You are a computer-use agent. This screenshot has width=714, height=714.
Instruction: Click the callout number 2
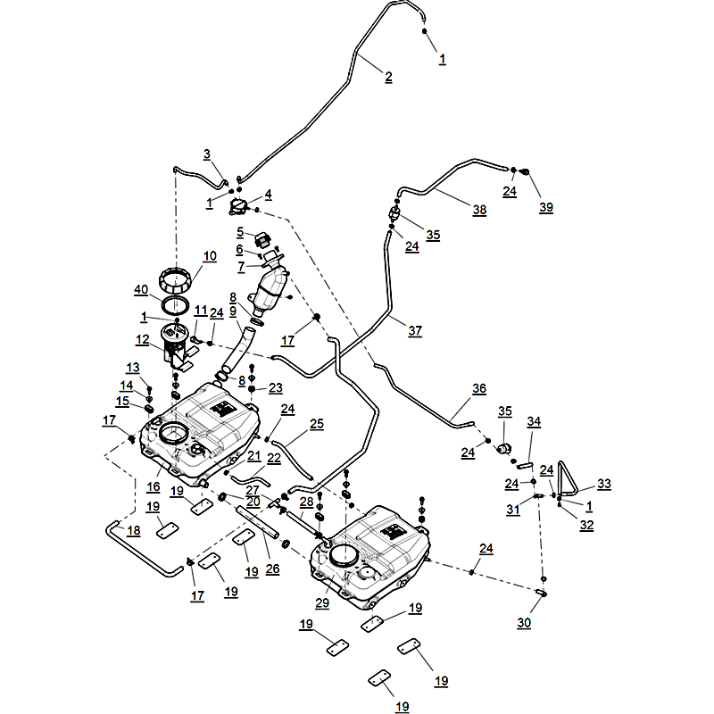pyautogui.click(x=388, y=77)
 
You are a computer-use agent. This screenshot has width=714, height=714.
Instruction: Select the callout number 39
pyautogui.click(x=546, y=207)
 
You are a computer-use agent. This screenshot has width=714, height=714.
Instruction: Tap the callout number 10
pyautogui.click(x=210, y=255)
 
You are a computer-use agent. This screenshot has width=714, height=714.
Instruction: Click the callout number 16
pyautogui.click(x=154, y=486)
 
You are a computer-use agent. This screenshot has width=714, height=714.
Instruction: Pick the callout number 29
pyautogui.click(x=322, y=604)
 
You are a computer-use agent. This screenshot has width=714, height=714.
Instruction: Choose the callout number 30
pyautogui.click(x=524, y=623)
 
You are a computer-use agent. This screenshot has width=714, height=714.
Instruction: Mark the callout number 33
pyautogui.click(x=604, y=484)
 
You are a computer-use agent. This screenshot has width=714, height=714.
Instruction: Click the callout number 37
pyautogui.click(x=415, y=330)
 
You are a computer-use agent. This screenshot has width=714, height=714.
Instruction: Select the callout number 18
pyautogui.click(x=133, y=531)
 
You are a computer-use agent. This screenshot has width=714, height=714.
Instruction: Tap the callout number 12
pyautogui.click(x=143, y=339)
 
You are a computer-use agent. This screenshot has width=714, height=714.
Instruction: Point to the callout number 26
pyautogui.click(x=273, y=568)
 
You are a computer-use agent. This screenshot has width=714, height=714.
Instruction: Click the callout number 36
pyautogui.click(x=479, y=389)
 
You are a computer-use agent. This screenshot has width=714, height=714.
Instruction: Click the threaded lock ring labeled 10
pyautogui.click(x=176, y=281)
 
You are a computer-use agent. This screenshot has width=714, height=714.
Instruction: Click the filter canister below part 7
pyautogui.click(x=272, y=291)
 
